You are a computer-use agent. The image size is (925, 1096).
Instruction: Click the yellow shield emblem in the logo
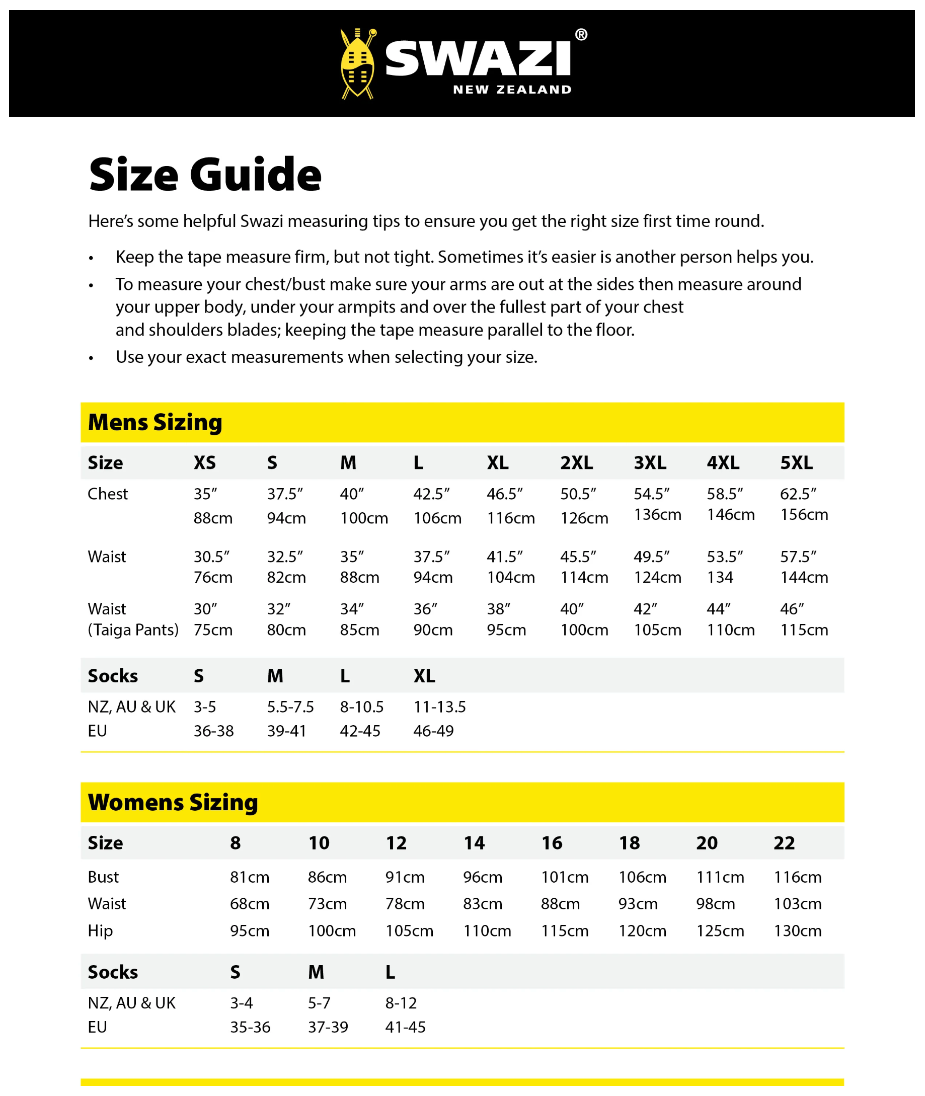[357, 64]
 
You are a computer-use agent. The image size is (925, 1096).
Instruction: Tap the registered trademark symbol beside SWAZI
[581, 35]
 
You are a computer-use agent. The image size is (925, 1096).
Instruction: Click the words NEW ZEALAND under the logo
[512, 90]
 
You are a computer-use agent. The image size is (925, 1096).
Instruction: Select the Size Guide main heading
[205, 175]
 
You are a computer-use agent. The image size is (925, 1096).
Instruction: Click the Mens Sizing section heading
[155, 422]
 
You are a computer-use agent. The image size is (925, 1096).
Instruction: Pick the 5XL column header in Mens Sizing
[796, 462]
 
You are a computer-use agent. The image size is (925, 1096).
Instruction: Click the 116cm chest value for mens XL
[511, 518]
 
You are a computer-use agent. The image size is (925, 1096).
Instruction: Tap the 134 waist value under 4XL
[720, 577]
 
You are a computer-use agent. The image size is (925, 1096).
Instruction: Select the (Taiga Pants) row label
[133, 630]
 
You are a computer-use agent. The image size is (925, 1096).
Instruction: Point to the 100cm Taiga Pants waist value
[584, 630]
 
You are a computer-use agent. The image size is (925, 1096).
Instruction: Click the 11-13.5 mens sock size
[439, 707]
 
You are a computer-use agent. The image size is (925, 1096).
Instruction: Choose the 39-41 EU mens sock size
[286, 731]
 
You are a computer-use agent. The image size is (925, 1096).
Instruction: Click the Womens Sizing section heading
[173, 802]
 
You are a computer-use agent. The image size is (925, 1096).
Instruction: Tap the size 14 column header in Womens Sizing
[474, 843]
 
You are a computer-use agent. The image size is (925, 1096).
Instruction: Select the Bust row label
[103, 877]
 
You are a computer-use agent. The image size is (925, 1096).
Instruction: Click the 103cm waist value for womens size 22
[798, 904]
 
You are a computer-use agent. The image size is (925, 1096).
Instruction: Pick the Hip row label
[100, 931]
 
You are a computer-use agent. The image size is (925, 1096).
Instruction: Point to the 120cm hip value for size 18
[642, 931]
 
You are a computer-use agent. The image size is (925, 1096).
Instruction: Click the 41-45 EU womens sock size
[405, 1027]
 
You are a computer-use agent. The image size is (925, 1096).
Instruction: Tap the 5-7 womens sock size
[319, 1003]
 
